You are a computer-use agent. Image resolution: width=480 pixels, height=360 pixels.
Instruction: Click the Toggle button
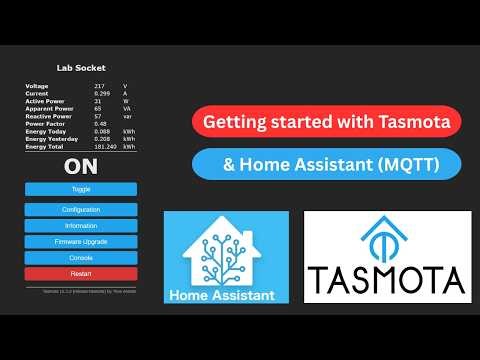coord(81,189)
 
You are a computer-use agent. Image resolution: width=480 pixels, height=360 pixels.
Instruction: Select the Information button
coord(81,225)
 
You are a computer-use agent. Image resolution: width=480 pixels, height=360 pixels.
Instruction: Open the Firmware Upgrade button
coord(81,241)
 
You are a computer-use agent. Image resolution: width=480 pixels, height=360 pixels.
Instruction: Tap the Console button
coord(81,257)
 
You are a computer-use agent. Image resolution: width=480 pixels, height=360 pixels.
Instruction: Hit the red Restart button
coord(81,273)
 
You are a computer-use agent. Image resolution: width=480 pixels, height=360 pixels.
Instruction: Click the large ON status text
coord(81,166)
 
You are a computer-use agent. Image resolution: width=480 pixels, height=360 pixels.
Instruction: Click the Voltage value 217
coord(100,87)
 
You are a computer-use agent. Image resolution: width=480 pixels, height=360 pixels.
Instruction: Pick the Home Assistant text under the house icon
coord(225,293)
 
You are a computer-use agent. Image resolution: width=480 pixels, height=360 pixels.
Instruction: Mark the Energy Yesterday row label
coord(50,139)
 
